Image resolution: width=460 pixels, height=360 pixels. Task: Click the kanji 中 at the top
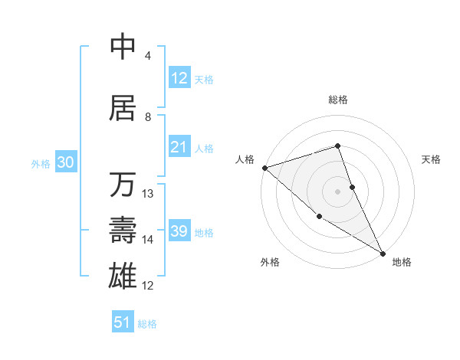[123, 47]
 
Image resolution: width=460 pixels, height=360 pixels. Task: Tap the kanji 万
[123, 185]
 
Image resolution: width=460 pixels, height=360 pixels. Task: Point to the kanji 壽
[123, 230]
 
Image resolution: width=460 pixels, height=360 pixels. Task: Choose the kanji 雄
[123, 274]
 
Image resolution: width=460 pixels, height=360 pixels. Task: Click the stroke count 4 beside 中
[148, 56]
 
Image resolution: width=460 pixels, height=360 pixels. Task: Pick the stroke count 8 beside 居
[148, 117]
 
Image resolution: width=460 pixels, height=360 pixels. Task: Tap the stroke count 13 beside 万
[148, 194]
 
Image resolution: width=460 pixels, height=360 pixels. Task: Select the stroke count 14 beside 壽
[148, 240]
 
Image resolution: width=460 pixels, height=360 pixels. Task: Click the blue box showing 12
[179, 78]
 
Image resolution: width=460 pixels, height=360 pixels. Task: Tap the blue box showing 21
[179, 147]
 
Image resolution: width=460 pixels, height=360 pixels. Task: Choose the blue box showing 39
[179, 231]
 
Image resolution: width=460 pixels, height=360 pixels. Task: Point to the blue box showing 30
[65, 162]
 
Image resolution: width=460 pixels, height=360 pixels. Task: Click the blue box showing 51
[123, 322]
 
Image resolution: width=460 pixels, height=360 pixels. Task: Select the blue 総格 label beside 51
[147, 324]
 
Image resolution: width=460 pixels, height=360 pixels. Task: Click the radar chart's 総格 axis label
[338, 100]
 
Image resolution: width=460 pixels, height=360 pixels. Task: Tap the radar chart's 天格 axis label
[432, 159]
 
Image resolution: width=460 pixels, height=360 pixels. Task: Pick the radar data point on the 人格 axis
[264, 168]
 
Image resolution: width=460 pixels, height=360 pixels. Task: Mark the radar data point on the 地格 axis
[382, 253]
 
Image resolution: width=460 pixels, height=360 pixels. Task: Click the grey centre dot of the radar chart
[338, 191]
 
